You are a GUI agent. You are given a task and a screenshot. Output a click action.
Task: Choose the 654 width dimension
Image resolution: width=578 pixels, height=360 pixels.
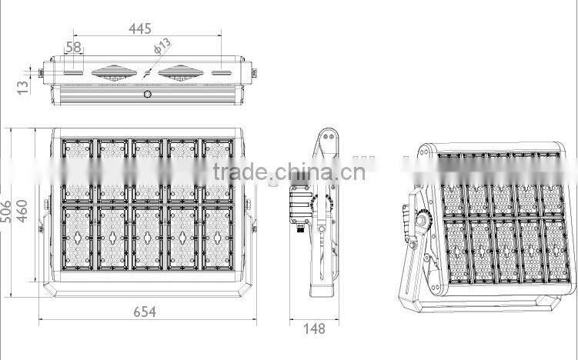[143, 312]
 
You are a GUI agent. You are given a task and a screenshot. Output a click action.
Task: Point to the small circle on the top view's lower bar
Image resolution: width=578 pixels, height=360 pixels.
[148, 94]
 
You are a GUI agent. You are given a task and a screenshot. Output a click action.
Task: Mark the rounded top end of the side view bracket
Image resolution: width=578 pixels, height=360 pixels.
[326, 139]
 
